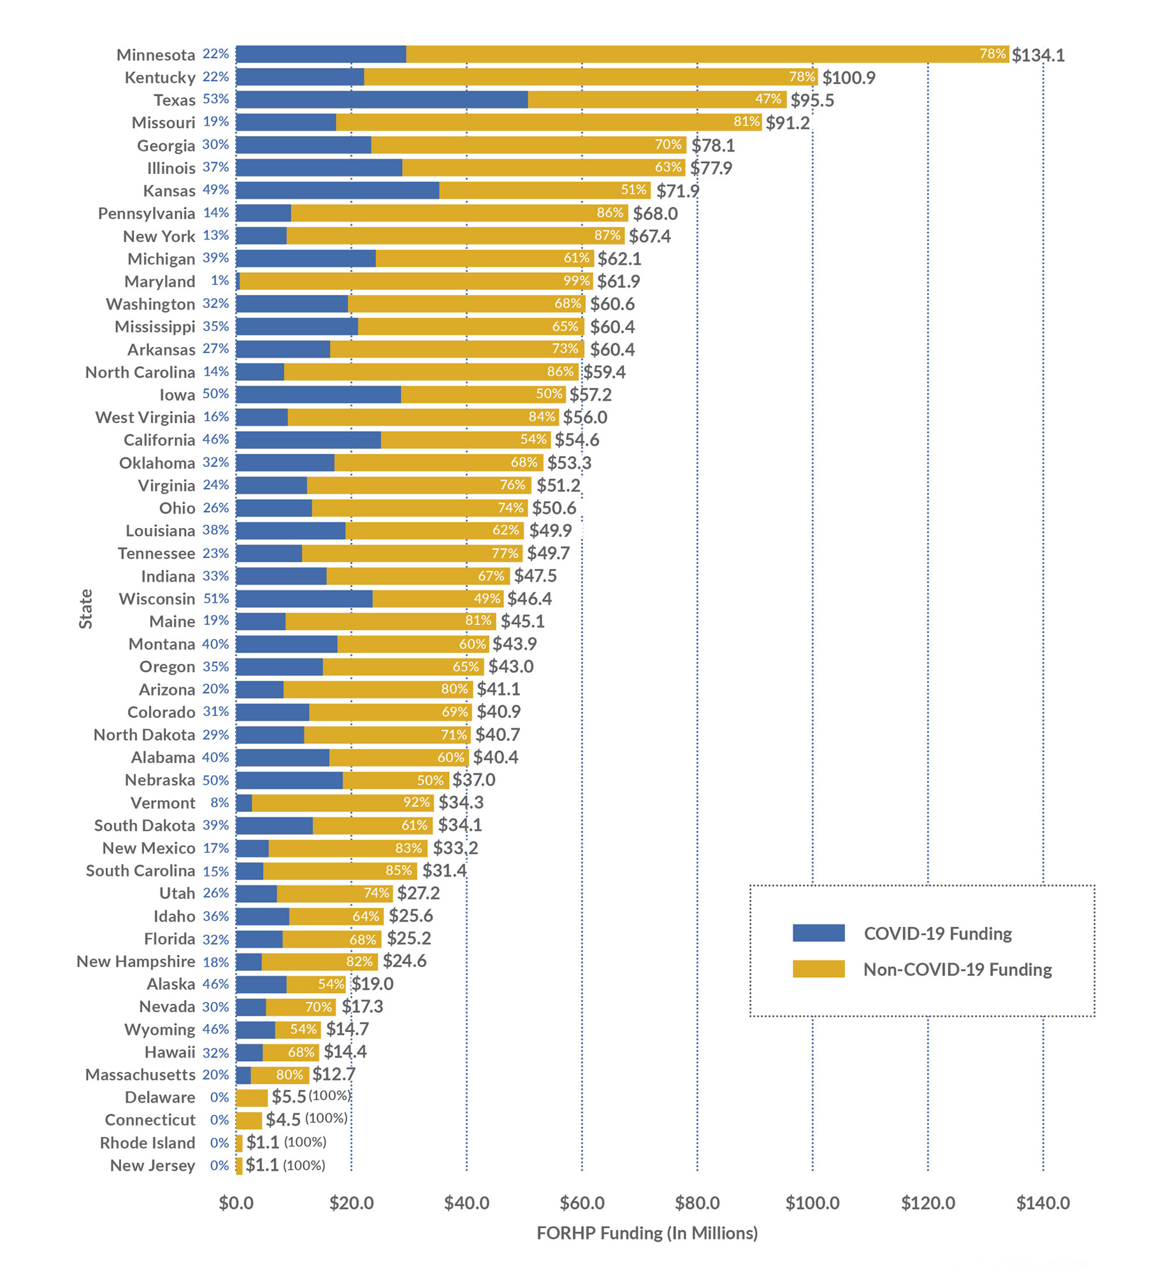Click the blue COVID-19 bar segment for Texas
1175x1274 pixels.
(381, 99)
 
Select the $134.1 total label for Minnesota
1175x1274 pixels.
(1038, 55)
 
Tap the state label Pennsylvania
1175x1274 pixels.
(147, 213)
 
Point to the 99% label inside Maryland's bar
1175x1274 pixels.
(576, 281)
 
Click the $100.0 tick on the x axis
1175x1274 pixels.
(812, 1203)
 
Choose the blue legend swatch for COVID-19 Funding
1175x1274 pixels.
(818, 933)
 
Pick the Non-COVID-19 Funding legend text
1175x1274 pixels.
(957, 970)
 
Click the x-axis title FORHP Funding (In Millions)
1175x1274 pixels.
(647, 1233)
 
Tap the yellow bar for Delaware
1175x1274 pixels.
(252, 1098)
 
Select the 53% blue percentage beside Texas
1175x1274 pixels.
(215, 99)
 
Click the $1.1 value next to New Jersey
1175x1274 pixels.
(263, 1165)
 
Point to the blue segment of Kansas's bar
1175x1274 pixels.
(337, 190)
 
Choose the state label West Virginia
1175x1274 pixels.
(145, 417)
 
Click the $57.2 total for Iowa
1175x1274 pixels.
(591, 395)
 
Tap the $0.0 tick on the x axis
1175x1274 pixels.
(236, 1203)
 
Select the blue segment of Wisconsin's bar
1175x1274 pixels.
(304, 599)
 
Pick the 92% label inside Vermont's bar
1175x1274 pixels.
(416, 803)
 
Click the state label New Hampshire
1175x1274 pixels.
(136, 961)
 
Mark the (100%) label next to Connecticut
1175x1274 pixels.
(326, 1119)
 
